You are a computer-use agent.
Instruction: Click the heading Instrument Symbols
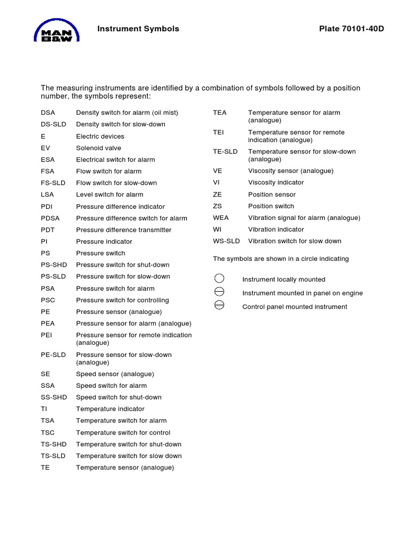[x=138, y=29]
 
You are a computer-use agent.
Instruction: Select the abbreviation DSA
[x=48, y=113]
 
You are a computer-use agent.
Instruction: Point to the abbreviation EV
[x=45, y=148]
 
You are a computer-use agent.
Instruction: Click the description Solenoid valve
[x=98, y=148]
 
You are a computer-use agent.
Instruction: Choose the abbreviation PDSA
[x=50, y=218]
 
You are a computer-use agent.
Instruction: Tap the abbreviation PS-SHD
[x=53, y=265]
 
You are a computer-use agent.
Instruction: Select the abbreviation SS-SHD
[x=53, y=397]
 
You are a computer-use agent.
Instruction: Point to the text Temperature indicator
[x=110, y=409]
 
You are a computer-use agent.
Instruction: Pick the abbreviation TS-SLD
[x=53, y=456]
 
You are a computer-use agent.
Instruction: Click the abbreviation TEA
[x=219, y=113]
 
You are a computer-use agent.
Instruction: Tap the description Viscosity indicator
[x=276, y=182]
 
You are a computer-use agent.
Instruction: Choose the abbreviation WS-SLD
[x=226, y=241]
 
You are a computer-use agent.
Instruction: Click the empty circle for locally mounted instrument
[x=219, y=279]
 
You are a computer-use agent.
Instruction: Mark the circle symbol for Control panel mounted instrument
[x=219, y=305]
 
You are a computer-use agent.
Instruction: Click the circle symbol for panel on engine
[x=219, y=292]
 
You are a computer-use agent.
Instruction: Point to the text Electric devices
[x=100, y=137]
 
